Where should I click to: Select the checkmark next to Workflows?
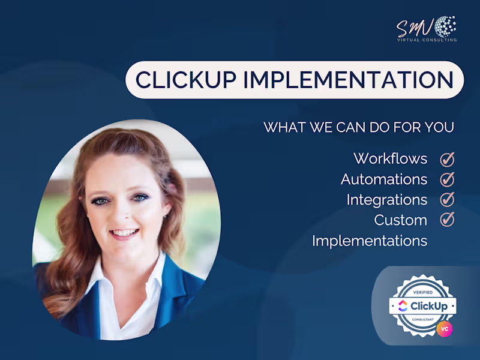[x=447, y=159]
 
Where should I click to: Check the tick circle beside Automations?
[x=447, y=179]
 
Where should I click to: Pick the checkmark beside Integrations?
[x=447, y=200]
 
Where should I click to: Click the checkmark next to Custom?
[x=447, y=220]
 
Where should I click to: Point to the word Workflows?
[x=390, y=159]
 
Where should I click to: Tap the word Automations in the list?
[x=384, y=179]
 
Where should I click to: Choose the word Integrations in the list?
[x=386, y=200]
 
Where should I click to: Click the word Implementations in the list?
[x=369, y=241]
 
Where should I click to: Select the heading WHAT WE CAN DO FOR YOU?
[x=359, y=128]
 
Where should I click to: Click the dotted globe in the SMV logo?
[x=445, y=26]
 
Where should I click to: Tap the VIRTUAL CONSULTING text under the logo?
[x=426, y=40]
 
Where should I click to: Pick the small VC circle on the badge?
[x=445, y=328]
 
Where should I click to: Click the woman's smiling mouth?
[x=125, y=233]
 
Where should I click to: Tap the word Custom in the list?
[x=400, y=220]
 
